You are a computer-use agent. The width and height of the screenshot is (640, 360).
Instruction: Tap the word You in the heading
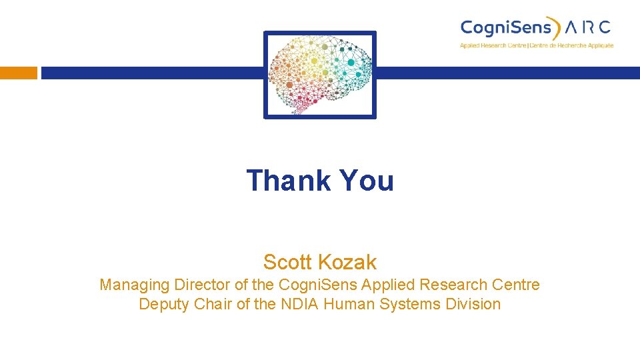click(367, 181)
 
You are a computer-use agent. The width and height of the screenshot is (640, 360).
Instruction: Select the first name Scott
click(289, 262)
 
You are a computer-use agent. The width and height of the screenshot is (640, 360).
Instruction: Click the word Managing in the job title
click(135, 285)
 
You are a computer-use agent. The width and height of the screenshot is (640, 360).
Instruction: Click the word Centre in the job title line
click(514, 285)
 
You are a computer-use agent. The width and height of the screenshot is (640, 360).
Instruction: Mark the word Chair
click(215, 304)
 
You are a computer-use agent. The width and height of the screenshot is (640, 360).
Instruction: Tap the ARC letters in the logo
click(587, 27)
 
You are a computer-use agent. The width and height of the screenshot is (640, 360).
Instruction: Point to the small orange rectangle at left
click(19, 73)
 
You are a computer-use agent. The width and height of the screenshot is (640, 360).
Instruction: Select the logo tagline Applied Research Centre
click(493, 45)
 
